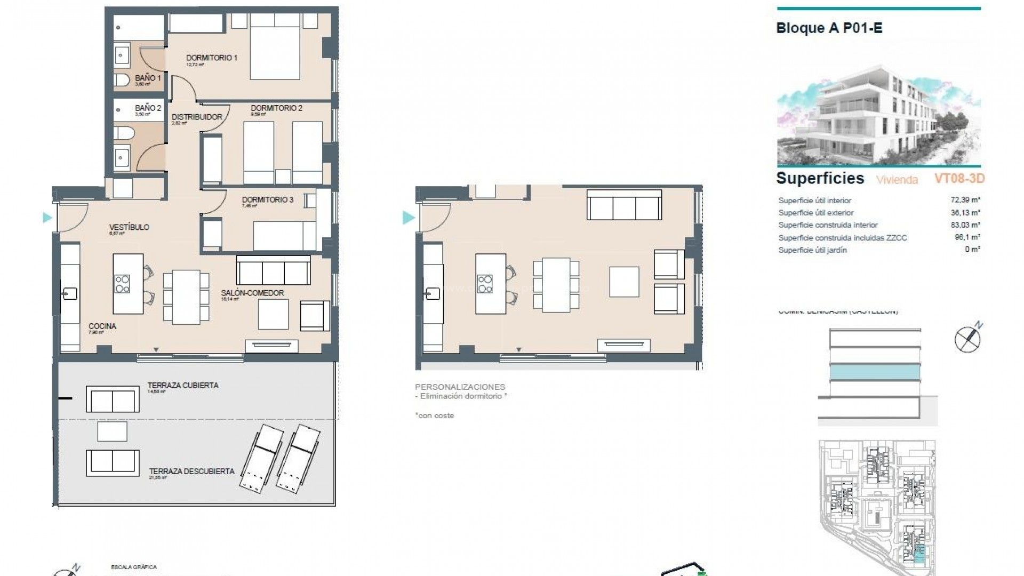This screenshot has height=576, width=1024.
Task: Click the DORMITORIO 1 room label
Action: (x=211, y=58)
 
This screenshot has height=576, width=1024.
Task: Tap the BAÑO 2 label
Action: (x=148, y=108)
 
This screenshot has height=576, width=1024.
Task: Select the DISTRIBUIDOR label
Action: (x=197, y=117)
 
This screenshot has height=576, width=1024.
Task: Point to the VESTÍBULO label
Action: (x=129, y=227)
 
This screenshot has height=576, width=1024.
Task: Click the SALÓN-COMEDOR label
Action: (x=252, y=293)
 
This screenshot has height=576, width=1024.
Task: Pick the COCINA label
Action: (x=102, y=326)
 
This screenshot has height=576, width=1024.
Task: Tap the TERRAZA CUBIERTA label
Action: (x=183, y=385)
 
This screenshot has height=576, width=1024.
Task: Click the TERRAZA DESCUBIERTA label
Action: (x=191, y=471)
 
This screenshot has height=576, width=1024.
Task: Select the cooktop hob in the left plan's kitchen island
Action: (x=122, y=283)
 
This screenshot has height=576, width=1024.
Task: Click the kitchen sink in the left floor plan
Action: (x=70, y=293)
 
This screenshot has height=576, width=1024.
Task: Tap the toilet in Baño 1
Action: (x=122, y=81)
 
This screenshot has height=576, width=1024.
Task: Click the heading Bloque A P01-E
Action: (x=829, y=28)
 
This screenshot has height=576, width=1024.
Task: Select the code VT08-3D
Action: (x=959, y=178)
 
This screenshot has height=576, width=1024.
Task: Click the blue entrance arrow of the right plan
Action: (x=409, y=218)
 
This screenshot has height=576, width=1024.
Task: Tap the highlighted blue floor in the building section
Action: (x=875, y=372)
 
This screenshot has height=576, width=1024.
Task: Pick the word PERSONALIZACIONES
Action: (x=460, y=387)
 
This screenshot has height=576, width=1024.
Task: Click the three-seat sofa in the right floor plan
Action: (x=624, y=205)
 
